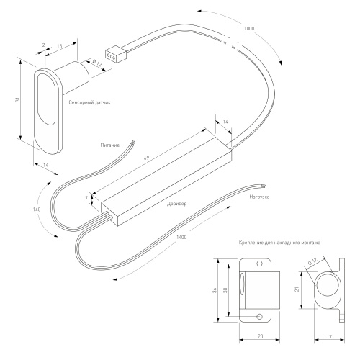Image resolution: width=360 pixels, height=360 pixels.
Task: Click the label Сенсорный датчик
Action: tap(89, 102)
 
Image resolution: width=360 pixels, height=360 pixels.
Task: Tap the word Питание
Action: tap(110, 145)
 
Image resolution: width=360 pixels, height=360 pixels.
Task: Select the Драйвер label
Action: tap(177, 204)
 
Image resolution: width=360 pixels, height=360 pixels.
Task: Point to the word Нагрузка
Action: tap(259, 197)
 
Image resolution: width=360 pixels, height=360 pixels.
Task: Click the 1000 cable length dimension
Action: tap(249, 29)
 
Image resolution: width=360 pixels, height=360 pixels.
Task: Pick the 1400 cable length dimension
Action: tap(181, 238)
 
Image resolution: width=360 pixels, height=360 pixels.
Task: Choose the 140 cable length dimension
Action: tap(37, 210)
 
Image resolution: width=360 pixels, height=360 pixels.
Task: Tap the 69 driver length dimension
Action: tap(146, 158)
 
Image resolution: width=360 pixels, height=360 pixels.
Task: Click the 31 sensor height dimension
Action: tap(17, 99)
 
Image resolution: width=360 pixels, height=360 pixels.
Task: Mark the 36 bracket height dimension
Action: tap(215, 290)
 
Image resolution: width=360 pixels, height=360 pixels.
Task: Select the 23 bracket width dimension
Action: tap(260, 336)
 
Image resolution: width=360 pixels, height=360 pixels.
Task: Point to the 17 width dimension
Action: tap(329, 337)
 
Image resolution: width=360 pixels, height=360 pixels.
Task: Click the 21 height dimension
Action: tap(297, 289)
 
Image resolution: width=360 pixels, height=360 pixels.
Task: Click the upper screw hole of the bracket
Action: tap(260, 264)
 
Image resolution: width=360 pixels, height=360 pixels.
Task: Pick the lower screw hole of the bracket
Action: tap(260, 317)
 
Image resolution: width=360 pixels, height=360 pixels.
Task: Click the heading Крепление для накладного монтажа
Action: tap(279, 243)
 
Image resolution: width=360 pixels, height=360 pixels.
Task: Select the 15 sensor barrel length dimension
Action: tap(60, 46)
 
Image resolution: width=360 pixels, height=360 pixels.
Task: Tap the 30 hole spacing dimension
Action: tap(225, 290)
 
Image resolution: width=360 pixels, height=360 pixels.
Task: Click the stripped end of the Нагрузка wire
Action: tap(264, 186)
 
